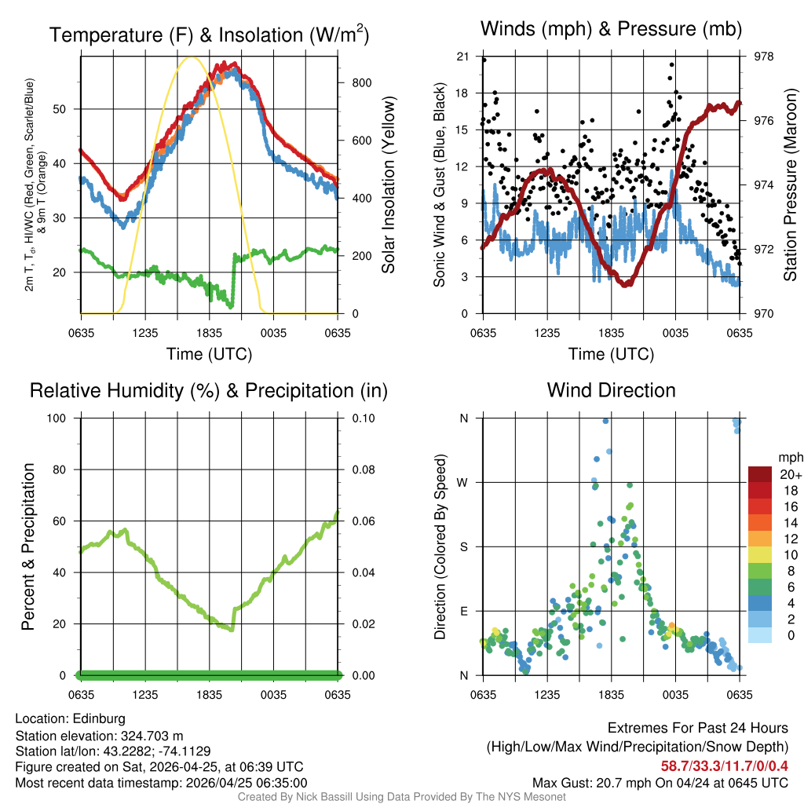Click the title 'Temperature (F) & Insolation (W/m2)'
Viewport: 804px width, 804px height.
point(209,35)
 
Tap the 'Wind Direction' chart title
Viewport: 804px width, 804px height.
point(611,390)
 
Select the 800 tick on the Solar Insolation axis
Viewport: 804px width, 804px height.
point(351,83)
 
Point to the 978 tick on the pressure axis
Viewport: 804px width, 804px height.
point(762,57)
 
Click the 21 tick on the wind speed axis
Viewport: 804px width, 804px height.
point(462,57)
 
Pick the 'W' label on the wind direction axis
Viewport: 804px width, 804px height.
point(463,482)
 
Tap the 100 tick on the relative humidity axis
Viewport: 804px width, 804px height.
point(59,418)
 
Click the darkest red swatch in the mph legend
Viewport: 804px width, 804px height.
point(760,474)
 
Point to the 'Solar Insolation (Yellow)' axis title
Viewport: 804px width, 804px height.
point(388,185)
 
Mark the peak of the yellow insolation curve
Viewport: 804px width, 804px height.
point(190,57)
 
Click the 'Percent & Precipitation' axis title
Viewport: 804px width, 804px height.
point(27,546)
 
